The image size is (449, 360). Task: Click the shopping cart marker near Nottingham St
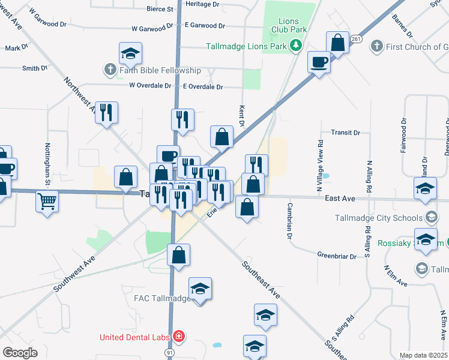click(47, 200)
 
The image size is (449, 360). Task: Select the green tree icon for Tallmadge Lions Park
click(295, 46)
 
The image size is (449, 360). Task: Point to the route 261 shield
click(357, 39)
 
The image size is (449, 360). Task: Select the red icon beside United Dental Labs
click(178, 336)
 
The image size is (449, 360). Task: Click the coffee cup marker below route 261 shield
click(318, 62)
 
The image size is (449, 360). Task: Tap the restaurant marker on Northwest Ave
click(106, 112)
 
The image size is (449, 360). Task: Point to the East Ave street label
click(340, 197)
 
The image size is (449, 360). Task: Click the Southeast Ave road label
click(261, 280)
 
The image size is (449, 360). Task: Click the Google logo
click(20, 353)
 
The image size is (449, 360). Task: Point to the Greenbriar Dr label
click(337, 254)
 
